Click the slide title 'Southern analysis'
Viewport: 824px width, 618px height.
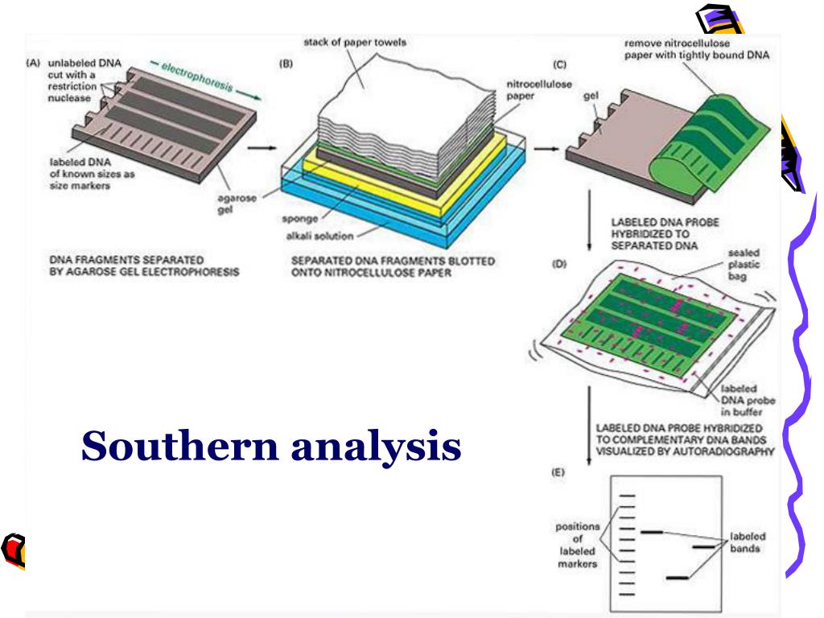point(271,445)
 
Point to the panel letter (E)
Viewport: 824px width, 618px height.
point(557,475)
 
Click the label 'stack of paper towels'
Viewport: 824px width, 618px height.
point(355,42)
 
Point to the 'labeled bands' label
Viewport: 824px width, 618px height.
point(748,542)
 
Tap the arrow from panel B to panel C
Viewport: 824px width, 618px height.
point(546,148)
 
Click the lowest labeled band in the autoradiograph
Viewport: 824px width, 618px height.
point(676,577)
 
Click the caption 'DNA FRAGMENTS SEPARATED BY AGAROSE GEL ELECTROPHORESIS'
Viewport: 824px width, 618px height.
point(144,266)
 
